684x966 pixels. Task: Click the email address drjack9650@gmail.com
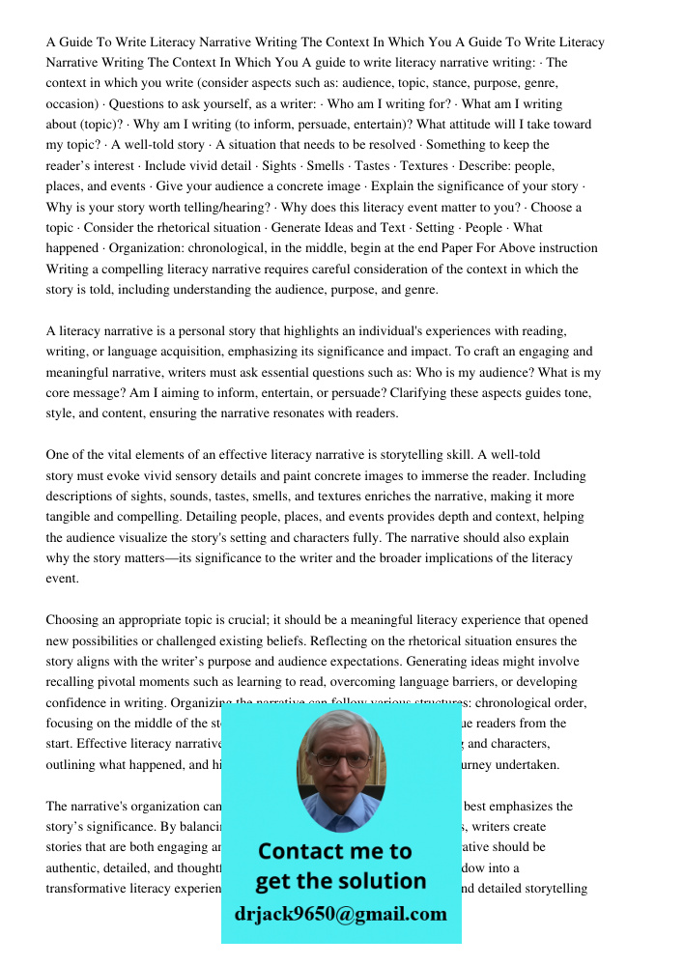pyautogui.click(x=340, y=914)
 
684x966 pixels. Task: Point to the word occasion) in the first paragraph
pyautogui.click(x=72, y=104)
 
